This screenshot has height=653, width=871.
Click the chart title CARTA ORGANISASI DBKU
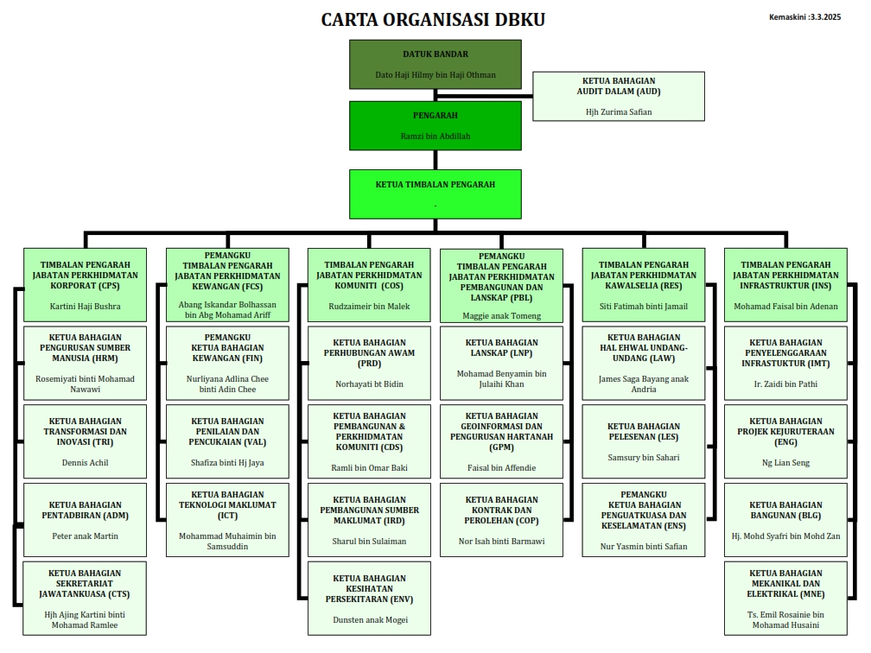(433, 20)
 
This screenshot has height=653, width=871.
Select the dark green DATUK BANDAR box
(435, 64)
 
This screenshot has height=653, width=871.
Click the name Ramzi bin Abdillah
(435, 136)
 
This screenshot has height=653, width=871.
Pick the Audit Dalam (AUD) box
(618, 95)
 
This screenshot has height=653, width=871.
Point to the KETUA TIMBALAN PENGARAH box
(435, 193)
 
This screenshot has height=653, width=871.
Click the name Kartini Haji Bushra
(85, 306)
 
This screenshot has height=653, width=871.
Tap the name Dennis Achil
(85, 462)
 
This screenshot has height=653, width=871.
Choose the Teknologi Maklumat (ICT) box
(227, 519)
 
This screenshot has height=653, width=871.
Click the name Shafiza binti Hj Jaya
(227, 462)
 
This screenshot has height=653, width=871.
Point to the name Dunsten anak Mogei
(369, 619)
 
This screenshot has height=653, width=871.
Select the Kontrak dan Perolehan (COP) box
(501, 519)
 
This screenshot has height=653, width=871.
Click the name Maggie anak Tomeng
(501, 315)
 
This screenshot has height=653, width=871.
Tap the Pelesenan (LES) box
(643, 441)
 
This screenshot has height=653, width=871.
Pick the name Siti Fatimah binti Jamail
(643, 306)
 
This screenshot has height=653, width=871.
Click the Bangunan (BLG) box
(785, 519)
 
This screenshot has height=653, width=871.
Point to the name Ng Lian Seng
(785, 462)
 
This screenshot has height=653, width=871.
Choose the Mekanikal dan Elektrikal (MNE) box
(785, 598)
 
